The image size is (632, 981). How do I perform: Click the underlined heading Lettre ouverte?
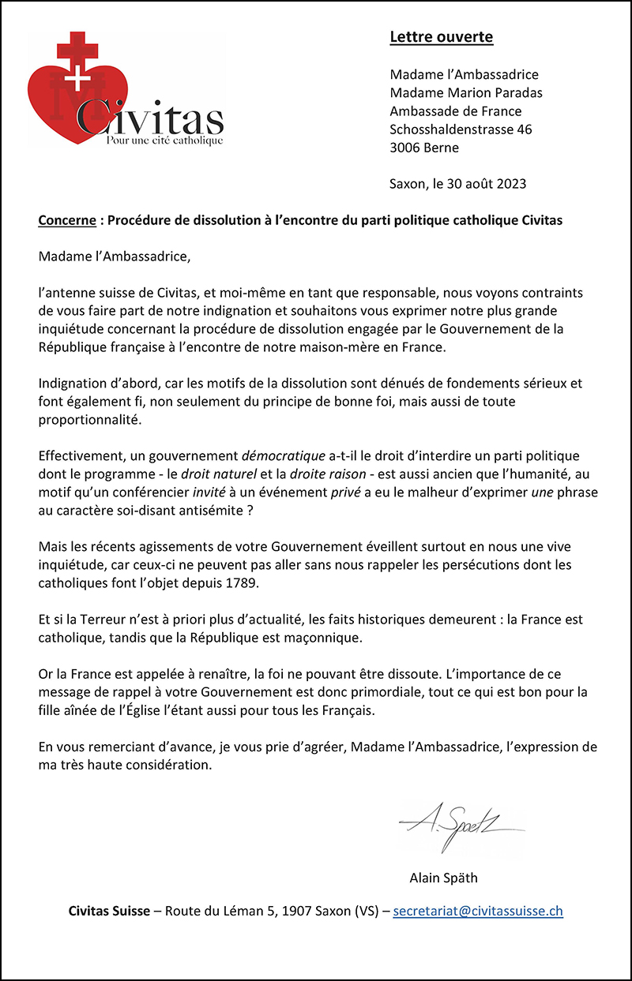441,37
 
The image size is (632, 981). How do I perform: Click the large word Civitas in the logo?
150,118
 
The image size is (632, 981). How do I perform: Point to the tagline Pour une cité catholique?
164,140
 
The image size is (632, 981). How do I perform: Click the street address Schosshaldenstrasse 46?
461,129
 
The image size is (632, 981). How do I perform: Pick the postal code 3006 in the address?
405,148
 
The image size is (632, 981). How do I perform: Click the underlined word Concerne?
66,220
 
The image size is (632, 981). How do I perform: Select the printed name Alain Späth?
443,878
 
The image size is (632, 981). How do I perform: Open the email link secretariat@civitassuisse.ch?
478,910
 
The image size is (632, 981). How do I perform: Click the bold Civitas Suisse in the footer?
109,910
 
